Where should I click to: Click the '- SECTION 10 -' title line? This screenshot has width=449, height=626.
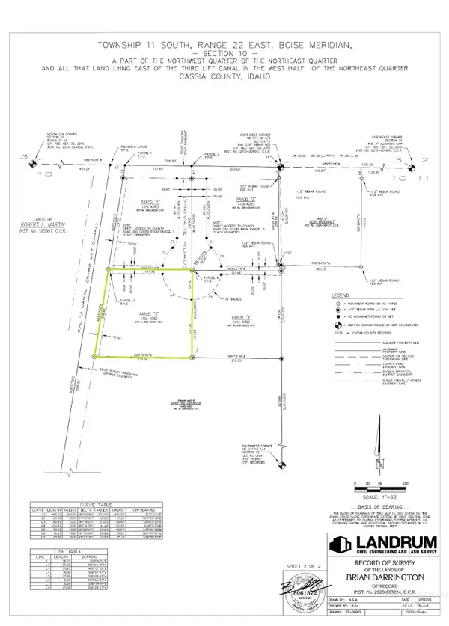tap(224, 54)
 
